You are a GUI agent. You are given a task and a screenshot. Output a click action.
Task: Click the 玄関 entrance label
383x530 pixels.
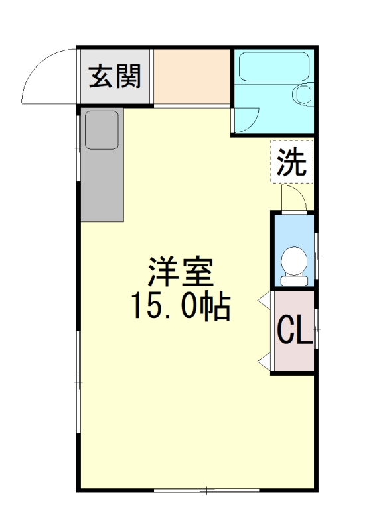click(114, 77)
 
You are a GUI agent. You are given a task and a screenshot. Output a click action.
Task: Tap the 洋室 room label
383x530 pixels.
click(181, 272)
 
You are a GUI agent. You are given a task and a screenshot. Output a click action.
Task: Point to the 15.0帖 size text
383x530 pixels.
click(181, 307)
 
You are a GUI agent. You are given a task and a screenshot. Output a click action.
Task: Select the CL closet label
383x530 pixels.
click(294, 330)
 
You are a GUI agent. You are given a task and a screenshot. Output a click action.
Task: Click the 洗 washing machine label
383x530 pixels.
click(291, 162)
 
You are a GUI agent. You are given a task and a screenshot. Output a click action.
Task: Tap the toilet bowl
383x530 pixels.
click(294, 260)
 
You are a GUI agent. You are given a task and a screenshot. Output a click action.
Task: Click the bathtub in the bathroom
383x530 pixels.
click(274, 67)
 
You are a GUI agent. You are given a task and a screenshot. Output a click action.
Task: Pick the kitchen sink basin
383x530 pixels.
click(102, 130)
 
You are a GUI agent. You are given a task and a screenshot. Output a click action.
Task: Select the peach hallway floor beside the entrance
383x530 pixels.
click(192, 76)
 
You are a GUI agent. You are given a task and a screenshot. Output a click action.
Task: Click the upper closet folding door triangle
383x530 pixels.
click(264, 300)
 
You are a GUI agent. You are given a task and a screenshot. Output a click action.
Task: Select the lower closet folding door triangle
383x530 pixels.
click(264, 361)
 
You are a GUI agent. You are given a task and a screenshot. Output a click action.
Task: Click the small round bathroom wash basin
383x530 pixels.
click(304, 94)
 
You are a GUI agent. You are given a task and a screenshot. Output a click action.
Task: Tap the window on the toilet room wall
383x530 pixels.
click(316, 256)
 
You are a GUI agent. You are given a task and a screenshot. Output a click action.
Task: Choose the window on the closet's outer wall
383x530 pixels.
click(316, 329)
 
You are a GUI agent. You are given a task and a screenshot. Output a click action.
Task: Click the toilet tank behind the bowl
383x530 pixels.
click(294, 280)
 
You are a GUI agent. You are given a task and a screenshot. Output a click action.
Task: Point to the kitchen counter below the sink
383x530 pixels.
click(103, 186)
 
